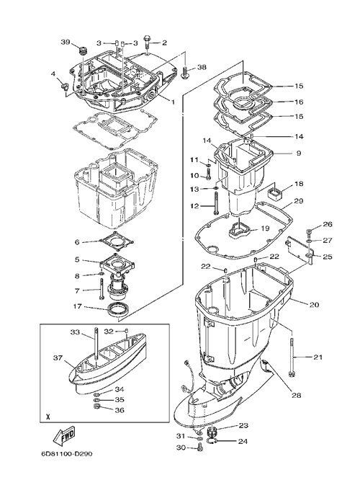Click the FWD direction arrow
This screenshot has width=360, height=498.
64,436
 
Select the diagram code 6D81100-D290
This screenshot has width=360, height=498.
66,454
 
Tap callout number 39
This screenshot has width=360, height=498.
66,42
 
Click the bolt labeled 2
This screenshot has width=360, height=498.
148,42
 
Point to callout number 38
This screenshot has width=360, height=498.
202,67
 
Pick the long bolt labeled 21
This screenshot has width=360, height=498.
292,357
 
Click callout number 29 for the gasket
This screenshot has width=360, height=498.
299,201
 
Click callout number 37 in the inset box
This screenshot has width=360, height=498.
58,358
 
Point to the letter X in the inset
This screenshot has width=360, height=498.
48,417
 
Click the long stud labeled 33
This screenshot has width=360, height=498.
96,344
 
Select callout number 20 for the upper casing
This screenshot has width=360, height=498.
314,305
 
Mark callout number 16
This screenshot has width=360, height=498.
299,102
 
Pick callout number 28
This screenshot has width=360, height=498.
297,396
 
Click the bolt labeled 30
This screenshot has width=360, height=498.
199,448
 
